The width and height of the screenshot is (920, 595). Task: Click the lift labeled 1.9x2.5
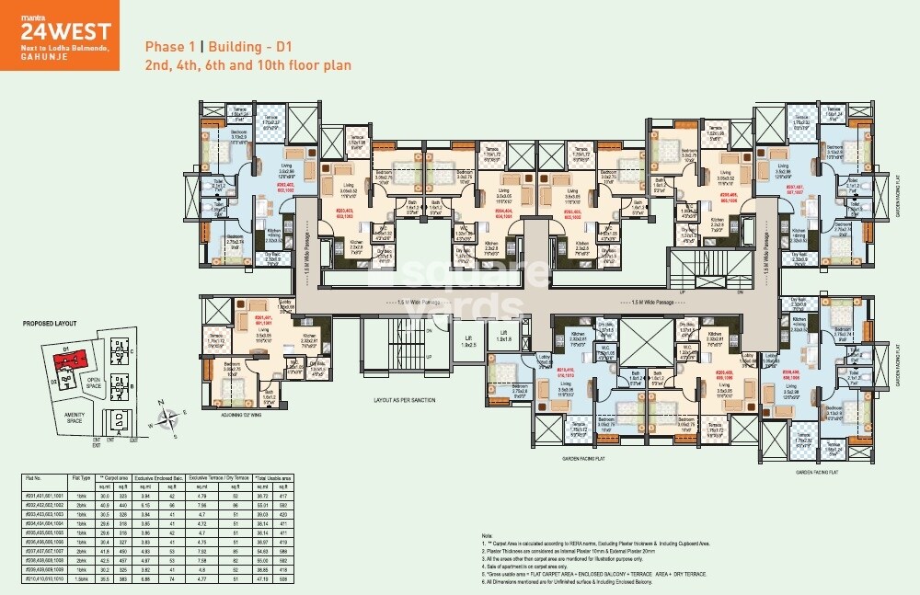pos(469,343)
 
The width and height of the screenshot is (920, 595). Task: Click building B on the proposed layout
pos(119,383)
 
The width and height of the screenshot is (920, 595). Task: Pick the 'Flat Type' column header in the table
pos(81,479)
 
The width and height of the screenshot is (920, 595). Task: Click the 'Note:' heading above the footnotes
pos(487,534)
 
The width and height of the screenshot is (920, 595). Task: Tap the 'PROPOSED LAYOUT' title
pos(51,324)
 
